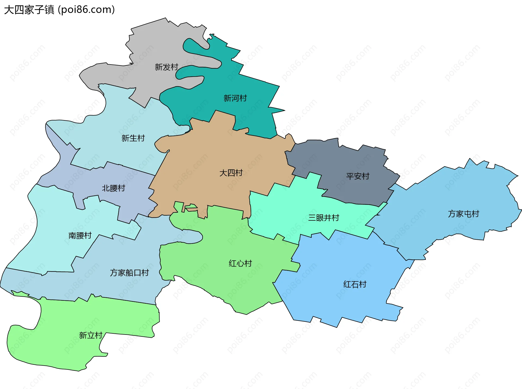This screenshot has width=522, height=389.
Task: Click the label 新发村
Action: tap(166, 67)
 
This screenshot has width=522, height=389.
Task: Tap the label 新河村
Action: tap(235, 98)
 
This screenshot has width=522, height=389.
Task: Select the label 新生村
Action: tap(133, 138)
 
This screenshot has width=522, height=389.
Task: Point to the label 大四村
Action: tap(231, 173)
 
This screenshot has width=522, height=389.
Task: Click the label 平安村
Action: tap(358, 176)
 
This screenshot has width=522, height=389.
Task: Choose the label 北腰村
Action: tap(113, 188)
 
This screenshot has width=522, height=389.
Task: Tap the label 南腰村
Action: tap(80, 235)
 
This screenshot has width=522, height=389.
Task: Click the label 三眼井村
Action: tap(324, 218)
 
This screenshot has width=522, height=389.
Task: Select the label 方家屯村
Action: tap(464, 214)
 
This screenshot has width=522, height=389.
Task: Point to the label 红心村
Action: tap(240, 263)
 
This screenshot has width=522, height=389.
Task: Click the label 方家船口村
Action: tap(129, 273)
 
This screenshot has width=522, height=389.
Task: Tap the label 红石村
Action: tap(355, 284)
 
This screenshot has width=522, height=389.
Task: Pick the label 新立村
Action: tap(91, 335)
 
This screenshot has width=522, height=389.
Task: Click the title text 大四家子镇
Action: tap(29, 10)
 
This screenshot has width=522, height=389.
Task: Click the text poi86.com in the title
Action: tap(86, 10)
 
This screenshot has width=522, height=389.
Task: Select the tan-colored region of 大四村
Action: tap(207, 153)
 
